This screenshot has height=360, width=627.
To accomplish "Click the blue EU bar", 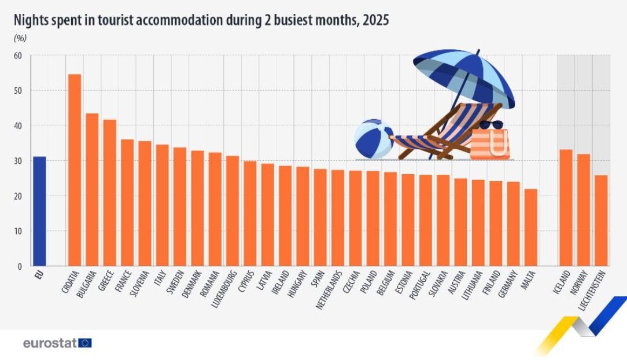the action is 39,211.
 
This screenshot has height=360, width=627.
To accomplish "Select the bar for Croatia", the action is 75,170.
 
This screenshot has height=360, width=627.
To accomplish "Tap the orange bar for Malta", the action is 530,227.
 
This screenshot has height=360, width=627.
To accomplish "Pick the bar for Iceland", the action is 566,208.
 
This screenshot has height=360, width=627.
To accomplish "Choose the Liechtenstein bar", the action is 601,221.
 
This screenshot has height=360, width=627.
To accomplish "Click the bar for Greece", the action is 109,193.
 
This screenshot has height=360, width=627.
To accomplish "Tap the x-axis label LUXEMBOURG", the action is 224,289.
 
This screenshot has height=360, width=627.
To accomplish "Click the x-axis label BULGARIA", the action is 86,284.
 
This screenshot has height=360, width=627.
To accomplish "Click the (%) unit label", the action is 20,38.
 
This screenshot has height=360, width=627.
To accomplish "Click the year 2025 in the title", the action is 375,20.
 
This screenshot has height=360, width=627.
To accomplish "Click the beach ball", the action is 374,138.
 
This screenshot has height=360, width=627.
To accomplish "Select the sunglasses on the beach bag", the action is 491,125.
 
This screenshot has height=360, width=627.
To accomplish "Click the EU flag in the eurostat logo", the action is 85,343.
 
